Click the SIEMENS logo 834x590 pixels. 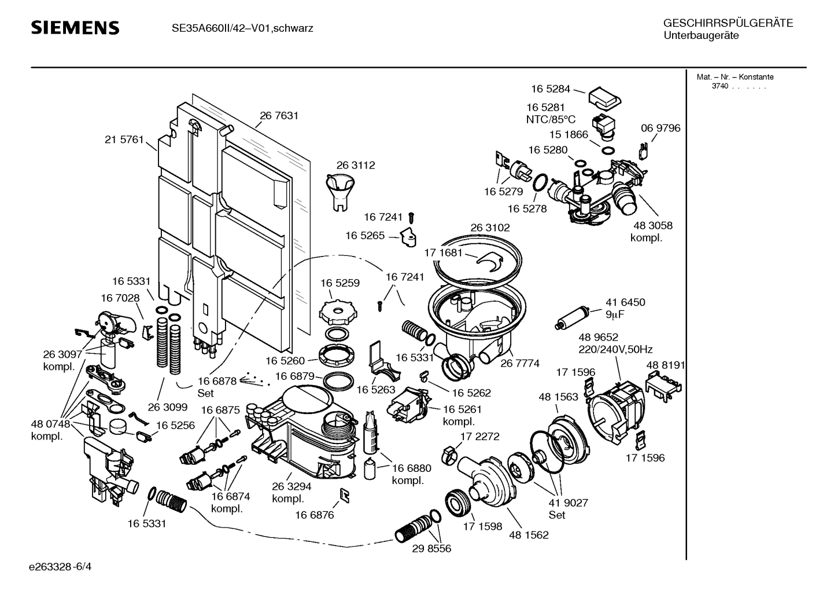coord(75,28)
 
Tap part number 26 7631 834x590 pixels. coord(279,115)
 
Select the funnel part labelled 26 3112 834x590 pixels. coord(339,192)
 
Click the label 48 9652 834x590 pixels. coord(599,337)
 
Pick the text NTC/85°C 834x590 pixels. coord(551,119)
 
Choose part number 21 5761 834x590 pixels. coord(124,140)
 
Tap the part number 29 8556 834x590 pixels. coord(431,548)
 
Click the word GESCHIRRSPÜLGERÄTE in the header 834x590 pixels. coord(728,24)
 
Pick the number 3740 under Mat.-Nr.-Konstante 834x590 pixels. coord(719,86)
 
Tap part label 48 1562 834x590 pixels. coord(529,534)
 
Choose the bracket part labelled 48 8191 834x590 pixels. coord(663,383)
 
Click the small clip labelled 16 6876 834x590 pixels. coord(345,495)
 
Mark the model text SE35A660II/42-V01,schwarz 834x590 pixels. coord(242,28)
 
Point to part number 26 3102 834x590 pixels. coord(490,228)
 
